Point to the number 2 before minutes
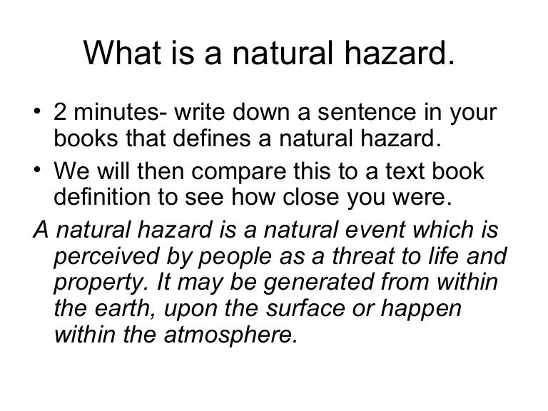[x=61, y=115]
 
